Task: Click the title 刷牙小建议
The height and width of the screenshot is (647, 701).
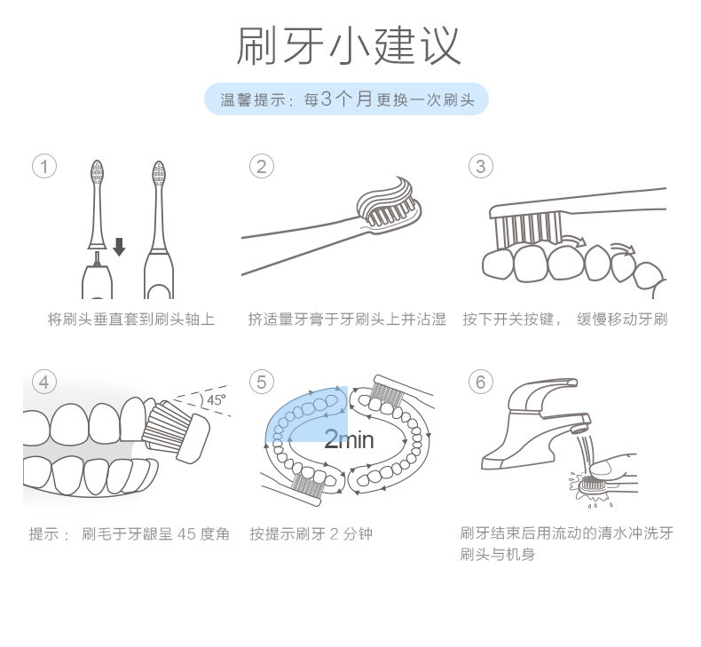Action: pyautogui.click(x=348, y=45)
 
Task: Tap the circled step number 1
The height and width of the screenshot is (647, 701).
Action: pyautogui.click(x=44, y=167)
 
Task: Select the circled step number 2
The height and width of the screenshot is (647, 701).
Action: pyautogui.click(x=262, y=167)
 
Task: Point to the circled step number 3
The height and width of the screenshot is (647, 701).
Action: pyautogui.click(x=481, y=167)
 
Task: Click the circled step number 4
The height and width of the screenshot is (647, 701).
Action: pyautogui.click(x=44, y=383)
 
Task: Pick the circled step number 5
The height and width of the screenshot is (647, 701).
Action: pyautogui.click(x=262, y=383)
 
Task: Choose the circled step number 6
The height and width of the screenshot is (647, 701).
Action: pyautogui.click(x=481, y=383)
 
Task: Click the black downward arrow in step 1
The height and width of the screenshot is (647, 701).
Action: pyautogui.click(x=119, y=247)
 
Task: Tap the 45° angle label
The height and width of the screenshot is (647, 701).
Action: pyautogui.click(x=217, y=399)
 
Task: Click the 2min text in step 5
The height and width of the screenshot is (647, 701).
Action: pyautogui.click(x=349, y=439)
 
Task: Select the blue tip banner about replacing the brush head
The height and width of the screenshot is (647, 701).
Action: pyautogui.click(x=346, y=99)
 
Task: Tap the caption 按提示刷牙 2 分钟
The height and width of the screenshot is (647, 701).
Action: pyautogui.click(x=311, y=534)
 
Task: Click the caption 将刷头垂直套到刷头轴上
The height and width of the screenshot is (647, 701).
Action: pyautogui.click(x=131, y=320)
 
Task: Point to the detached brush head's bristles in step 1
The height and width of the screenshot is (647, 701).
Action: pyautogui.click(x=97, y=172)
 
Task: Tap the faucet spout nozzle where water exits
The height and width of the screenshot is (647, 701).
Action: pyautogui.click(x=579, y=430)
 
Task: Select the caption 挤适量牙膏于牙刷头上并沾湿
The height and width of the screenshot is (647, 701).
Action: pyautogui.click(x=347, y=320)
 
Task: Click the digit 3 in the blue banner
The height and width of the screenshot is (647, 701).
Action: pyautogui.click(x=327, y=99)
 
